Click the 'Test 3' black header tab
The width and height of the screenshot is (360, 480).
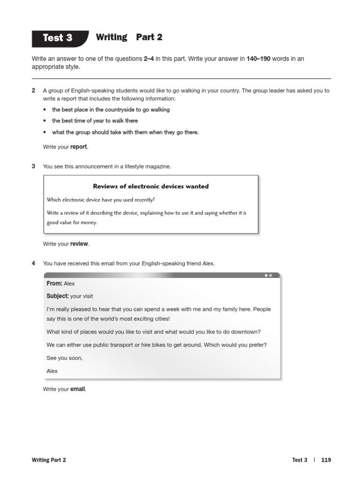[x=58, y=38]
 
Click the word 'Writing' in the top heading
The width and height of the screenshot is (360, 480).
[x=111, y=37]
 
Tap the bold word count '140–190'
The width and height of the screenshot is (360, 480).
[x=258, y=59]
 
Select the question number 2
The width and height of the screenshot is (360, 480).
[x=33, y=90]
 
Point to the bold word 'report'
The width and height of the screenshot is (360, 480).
[x=78, y=147]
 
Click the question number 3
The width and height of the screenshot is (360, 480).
[x=33, y=166]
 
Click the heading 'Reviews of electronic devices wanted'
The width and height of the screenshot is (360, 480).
[x=150, y=186]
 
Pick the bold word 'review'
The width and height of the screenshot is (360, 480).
[x=79, y=244]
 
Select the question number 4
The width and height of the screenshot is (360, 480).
[x=33, y=263]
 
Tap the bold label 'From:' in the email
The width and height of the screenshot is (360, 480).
[x=54, y=284]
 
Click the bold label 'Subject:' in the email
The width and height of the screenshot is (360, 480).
[x=58, y=296]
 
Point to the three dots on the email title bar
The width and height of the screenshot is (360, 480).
[x=270, y=276]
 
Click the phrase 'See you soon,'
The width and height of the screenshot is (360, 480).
[x=64, y=358]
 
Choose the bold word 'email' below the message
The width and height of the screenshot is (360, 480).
[x=78, y=389]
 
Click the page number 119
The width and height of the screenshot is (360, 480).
[x=326, y=460]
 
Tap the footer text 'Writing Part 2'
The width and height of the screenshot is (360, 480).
[x=49, y=460]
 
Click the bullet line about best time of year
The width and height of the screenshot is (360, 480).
[x=95, y=121]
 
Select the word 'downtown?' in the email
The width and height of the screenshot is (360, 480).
[x=247, y=332]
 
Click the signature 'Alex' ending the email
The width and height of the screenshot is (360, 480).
[x=52, y=371]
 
